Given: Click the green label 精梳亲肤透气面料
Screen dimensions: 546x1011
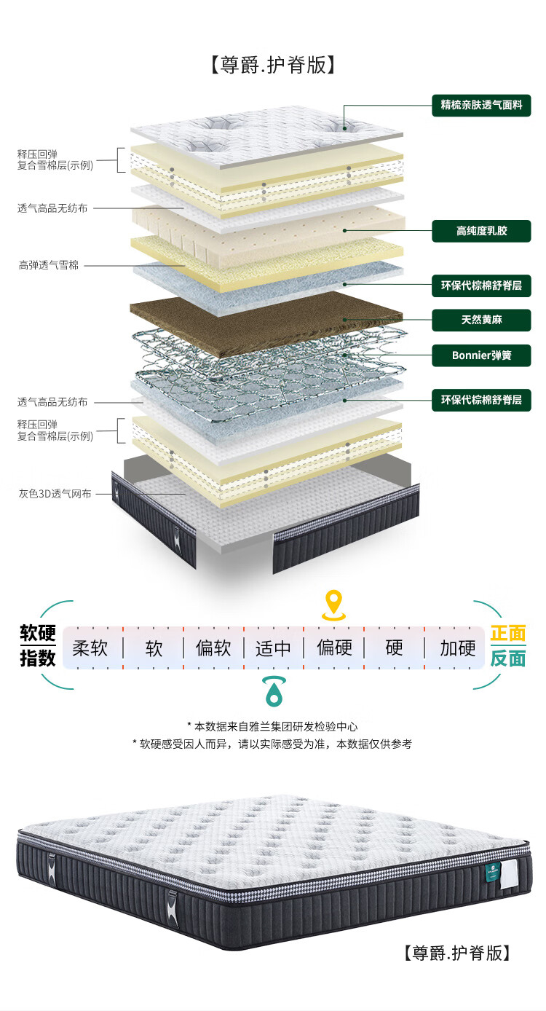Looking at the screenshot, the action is pyautogui.click(x=481, y=105).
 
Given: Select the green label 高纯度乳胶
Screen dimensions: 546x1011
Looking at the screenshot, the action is pyautogui.click(x=481, y=231).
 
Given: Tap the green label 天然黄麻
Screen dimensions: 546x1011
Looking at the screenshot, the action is pyautogui.click(x=481, y=320).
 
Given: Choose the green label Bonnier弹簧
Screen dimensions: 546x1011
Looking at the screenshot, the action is pyautogui.click(x=481, y=355).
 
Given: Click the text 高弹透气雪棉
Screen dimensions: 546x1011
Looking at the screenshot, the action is pyautogui.click(x=48, y=265).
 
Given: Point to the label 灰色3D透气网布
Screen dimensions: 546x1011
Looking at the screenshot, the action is pyautogui.click(x=55, y=494).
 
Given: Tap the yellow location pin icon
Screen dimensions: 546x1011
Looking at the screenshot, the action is pyautogui.click(x=334, y=605).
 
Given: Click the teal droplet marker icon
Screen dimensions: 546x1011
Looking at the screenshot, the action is pyautogui.click(x=274, y=691).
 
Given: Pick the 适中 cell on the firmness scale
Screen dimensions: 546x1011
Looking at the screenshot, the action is pyautogui.click(x=274, y=648).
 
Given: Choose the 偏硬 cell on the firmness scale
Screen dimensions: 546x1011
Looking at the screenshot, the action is pyautogui.click(x=334, y=648).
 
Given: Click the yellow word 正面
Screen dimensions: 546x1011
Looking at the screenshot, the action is pyautogui.click(x=508, y=634).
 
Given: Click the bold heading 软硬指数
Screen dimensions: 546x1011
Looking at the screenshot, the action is pyautogui.click(x=37, y=645).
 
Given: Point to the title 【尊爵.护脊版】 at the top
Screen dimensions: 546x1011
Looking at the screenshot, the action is pyautogui.click(x=273, y=65).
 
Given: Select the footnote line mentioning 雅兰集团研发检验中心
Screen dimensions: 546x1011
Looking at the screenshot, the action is pyautogui.click(x=272, y=726).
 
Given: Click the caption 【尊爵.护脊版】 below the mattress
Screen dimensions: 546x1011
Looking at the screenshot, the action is pyautogui.click(x=456, y=953).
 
